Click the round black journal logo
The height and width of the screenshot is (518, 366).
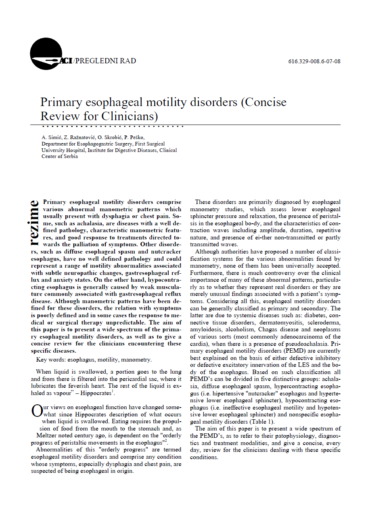[46, 54]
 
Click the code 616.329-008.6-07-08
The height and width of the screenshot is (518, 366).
[314, 62]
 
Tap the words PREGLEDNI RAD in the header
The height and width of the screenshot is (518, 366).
[106, 61]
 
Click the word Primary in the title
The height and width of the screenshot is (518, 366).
[59, 102]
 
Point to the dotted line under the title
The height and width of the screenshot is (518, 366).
[113, 126]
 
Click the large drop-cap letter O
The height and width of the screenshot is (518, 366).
[36, 411]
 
